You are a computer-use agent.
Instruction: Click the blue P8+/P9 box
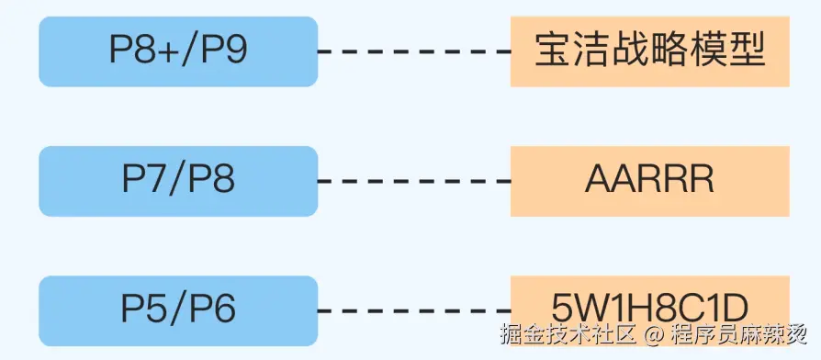point(178,51)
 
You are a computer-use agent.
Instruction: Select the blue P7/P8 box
point(178,181)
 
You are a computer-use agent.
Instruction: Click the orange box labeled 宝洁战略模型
point(649,51)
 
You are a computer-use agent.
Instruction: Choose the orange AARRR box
point(649,181)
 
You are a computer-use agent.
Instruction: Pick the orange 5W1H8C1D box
point(649,303)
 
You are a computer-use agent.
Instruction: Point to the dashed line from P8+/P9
point(413,51)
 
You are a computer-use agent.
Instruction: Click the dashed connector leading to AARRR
point(413,181)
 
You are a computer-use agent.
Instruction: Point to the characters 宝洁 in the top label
point(562,51)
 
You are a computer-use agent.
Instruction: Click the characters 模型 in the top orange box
point(737,51)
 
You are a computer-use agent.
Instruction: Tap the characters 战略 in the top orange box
point(649,51)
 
